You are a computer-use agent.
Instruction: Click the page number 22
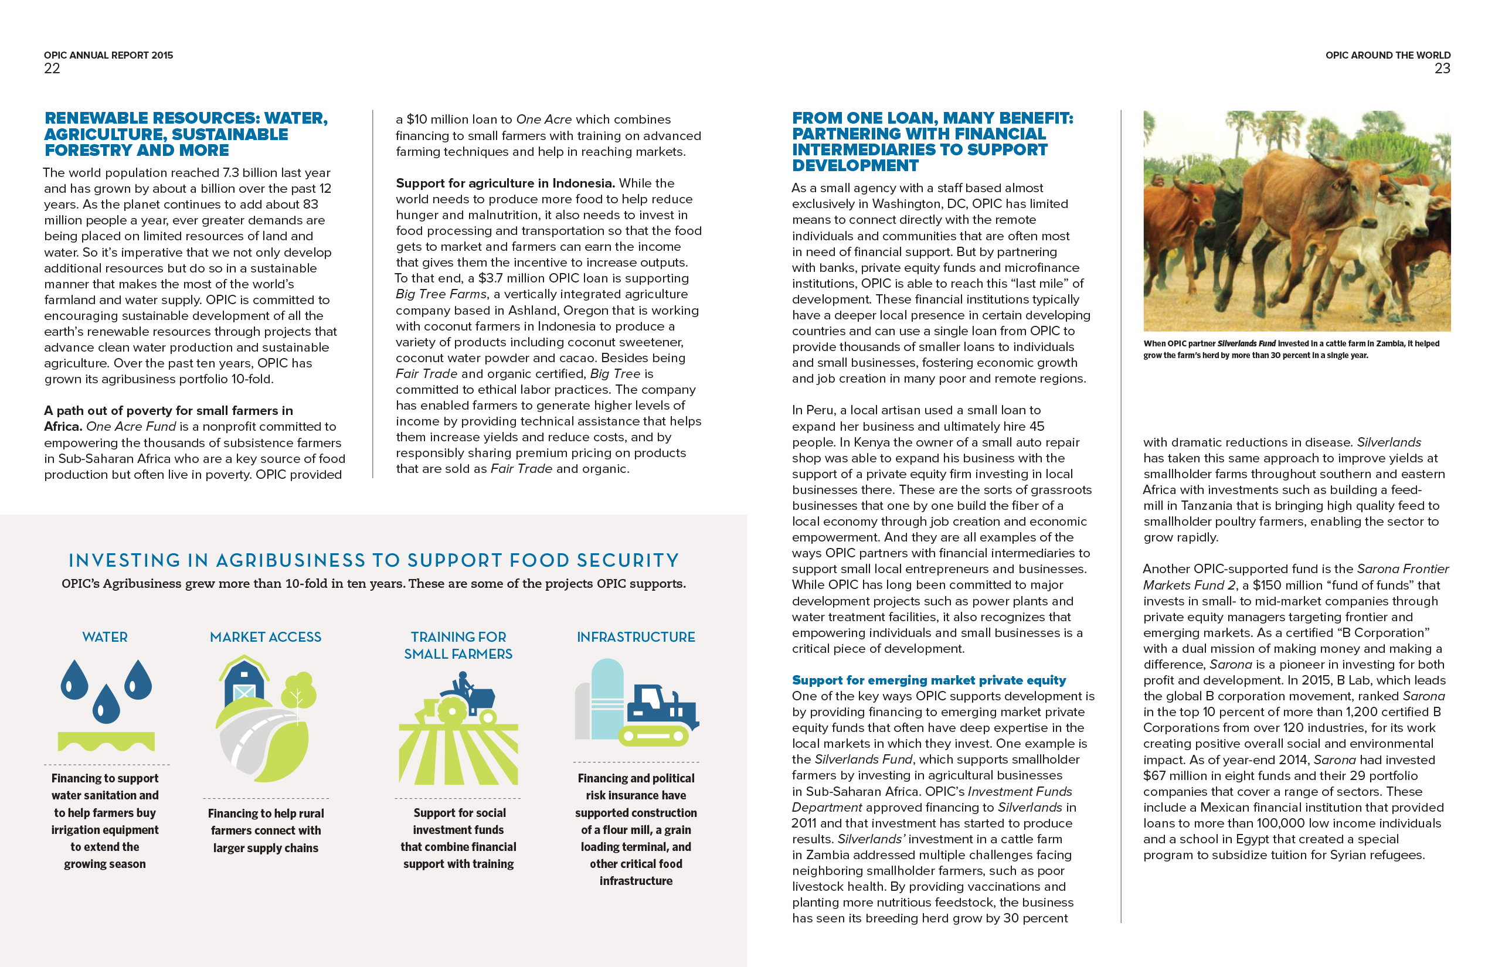point(52,69)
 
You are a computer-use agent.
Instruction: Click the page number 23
point(1442,69)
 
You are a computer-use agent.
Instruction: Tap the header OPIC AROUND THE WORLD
point(1388,55)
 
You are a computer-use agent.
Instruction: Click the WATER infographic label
point(105,636)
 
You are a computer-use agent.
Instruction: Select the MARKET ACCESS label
point(265,636)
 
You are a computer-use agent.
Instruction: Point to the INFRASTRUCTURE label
point(636,636)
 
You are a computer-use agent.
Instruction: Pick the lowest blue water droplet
point(106,704)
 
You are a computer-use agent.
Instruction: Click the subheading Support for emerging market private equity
point(929,680)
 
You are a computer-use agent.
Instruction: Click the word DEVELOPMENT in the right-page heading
point(855,165)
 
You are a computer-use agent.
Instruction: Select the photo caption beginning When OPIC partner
point(1291,349)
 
